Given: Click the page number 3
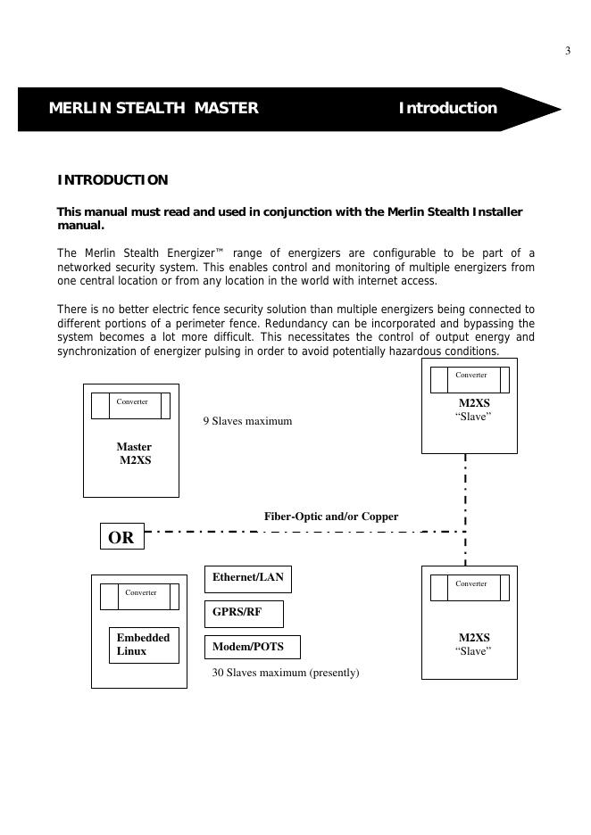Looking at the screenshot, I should (x=568, y=51).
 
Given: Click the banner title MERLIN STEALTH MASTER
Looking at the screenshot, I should (x=154, y=109).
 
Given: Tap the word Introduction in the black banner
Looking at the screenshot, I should (x=447, y=109).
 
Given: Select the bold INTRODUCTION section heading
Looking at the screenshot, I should (x=112, y=180).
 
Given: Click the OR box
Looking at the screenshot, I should (x=121, y=537).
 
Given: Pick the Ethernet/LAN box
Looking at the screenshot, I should (x=248, y=578).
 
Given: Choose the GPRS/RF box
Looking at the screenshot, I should (x=244, y=614).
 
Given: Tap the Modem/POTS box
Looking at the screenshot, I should (x=253, y=647).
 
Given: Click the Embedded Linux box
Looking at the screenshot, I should (x=144, y=645).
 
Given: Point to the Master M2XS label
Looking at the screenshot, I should (x=134, y=454).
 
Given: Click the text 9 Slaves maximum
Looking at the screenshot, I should (x=247, y=421).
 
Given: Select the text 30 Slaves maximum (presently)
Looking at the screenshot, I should (x=286, y=673).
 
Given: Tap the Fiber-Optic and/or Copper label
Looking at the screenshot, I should (x=331, y=517).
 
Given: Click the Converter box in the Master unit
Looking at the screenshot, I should (x=130, y=405).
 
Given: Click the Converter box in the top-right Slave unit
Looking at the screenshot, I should (x=470, y=379).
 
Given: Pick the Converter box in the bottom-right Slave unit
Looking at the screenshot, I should (x=470, y=587).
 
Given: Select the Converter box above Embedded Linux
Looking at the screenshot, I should (x=139, y=596).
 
